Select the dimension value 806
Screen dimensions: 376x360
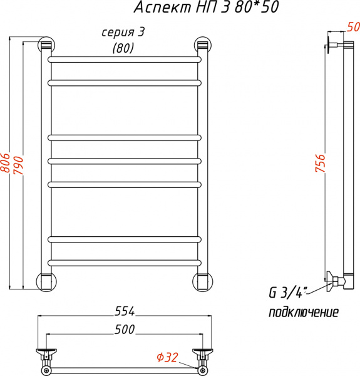6,164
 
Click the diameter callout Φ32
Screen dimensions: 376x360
167,357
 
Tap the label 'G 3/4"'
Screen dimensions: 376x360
285,293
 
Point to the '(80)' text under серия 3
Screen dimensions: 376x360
123,48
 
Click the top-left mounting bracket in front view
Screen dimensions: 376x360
46,44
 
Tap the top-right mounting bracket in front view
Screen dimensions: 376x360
202,44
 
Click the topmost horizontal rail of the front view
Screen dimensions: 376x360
125,60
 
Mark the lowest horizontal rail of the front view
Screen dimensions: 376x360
125,261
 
